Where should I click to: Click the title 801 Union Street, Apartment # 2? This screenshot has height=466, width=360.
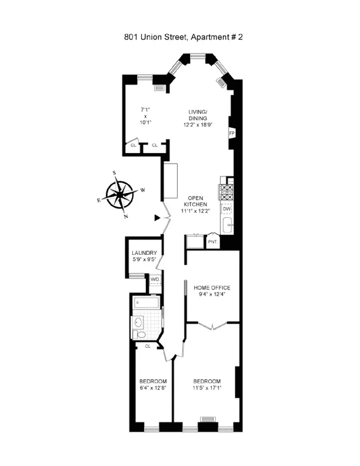[x=179, y=36]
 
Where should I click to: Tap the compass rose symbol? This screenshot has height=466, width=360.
[x=119, y=194]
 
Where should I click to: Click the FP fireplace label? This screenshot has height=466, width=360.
[x=231, y=134]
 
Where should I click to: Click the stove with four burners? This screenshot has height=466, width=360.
[x=226, y=191]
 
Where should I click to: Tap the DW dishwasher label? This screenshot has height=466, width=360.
[x=226, y=208]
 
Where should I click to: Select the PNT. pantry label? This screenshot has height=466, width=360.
[x=212, y=242]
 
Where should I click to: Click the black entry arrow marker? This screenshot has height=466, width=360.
[x=156, y=218]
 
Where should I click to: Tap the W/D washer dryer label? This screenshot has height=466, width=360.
[x=155, y=279]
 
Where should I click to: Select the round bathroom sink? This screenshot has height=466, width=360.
[x=139, y=322]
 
